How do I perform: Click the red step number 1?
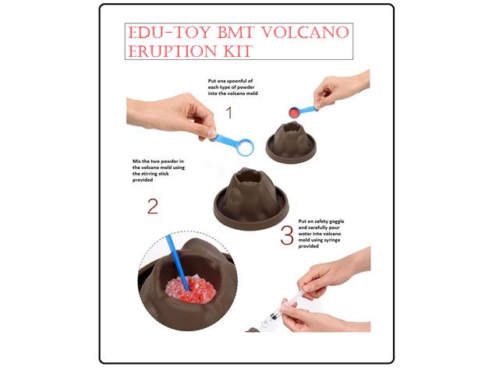coord(228,113)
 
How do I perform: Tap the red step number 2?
coord(152,207)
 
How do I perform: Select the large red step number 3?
coord(287,235)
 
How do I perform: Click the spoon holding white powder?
coord(244,145)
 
